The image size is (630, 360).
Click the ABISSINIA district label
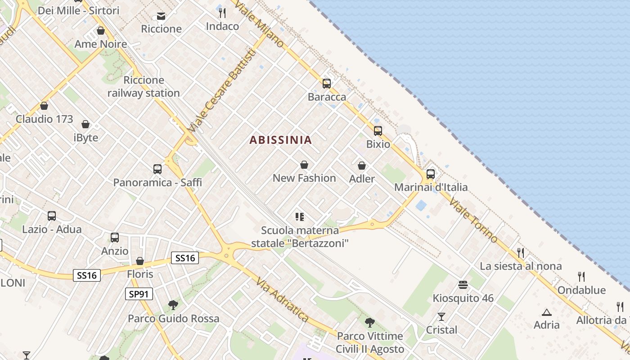(280, 140)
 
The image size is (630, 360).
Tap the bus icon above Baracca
(327, 84)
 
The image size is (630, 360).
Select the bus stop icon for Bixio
(378, 131)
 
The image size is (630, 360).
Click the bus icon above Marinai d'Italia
(431, 174)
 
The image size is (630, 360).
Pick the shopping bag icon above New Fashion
(304, 165)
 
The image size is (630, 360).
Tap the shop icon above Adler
(362, 166)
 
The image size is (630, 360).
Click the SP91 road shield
(139, 294)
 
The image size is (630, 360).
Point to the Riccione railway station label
(144, 87)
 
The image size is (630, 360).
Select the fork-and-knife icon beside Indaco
(222, 13)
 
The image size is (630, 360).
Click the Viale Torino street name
(472, 219)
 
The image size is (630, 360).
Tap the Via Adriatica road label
(282, 300)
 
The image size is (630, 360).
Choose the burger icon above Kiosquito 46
(463, 285)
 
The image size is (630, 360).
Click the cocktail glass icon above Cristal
(441, 317)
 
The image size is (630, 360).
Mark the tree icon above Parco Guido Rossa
(173, 305)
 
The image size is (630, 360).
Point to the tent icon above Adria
(547, 312)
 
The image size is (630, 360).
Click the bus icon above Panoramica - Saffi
(157, 169)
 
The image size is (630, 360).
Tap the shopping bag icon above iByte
(85, 124)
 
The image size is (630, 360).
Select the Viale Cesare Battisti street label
(222, 90)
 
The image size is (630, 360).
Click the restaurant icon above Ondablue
(581, 277)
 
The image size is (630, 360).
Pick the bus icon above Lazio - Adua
(52, 216)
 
